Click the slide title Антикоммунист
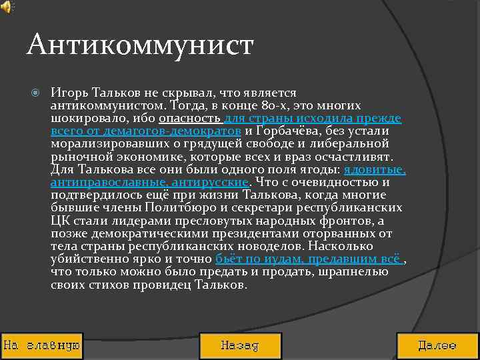[141, 45]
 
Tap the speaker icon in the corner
[7, 7]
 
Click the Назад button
[240, 346]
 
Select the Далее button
[437, 346]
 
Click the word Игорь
[67, 93]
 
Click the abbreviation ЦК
[59, 220]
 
